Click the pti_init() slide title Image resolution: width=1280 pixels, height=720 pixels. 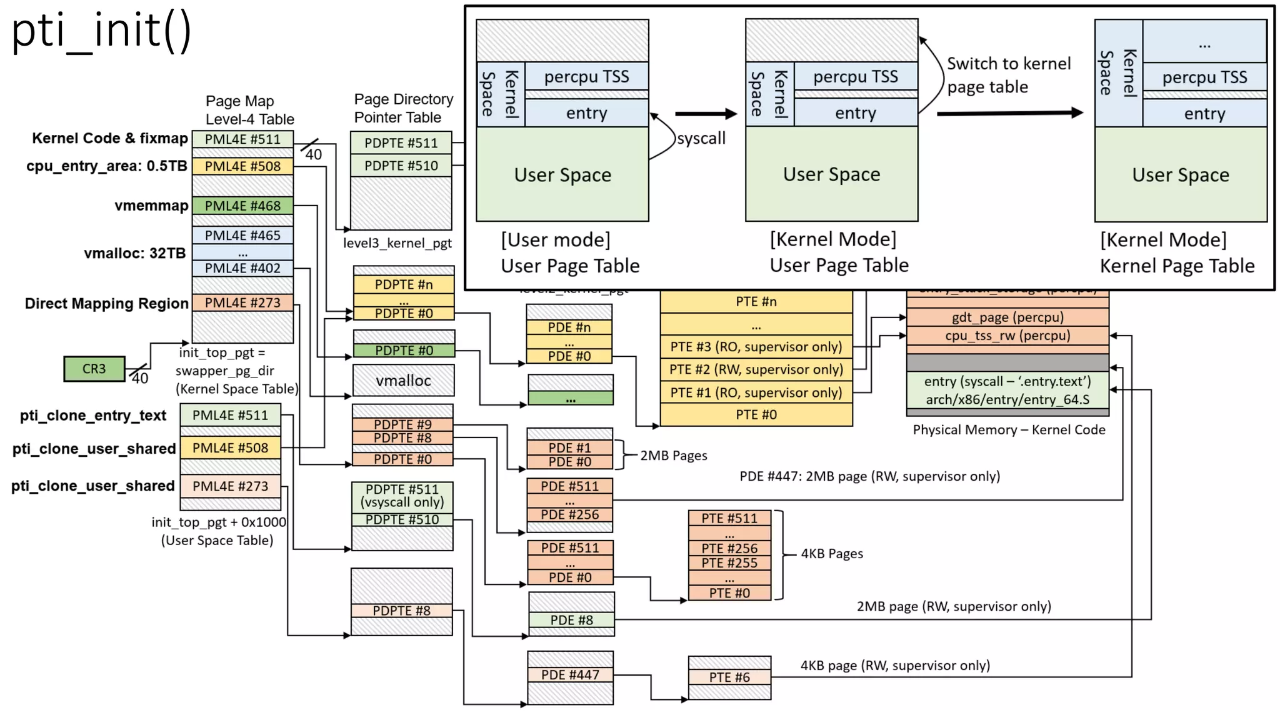pos(101,31)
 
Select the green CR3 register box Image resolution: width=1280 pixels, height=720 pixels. pos(94,369)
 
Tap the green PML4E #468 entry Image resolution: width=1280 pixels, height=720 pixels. pos(242,206)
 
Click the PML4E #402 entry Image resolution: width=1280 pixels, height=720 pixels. pos(242,268)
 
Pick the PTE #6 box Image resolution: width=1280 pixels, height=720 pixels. pos(729,677)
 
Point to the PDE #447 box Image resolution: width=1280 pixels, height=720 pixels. pos(570,675)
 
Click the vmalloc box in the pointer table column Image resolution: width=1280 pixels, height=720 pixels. pos(403,381)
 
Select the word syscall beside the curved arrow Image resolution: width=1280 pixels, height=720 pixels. pos(701,138)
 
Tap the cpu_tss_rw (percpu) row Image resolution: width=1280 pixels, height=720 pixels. pos(1007,336)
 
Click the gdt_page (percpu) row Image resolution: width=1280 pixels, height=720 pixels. pos(1007,317)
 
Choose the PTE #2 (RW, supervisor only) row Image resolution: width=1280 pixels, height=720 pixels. pos(756,369)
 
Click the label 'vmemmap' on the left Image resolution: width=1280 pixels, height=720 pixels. pos(151,206)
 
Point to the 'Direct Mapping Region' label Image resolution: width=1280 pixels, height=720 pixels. pos(106,304)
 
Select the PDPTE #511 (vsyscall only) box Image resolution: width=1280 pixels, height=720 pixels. pos(402,496)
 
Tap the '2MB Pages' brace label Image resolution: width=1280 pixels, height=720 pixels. pos(673,456)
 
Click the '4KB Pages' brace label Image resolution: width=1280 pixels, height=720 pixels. pos(831,554)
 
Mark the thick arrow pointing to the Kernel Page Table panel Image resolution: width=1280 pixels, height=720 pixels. pos(1009,113)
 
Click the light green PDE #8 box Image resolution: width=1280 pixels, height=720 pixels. pos(571,620)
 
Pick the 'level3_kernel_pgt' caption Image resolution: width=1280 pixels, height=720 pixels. pos(397,243)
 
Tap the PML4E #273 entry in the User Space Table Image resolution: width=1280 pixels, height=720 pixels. pos(230,486)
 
